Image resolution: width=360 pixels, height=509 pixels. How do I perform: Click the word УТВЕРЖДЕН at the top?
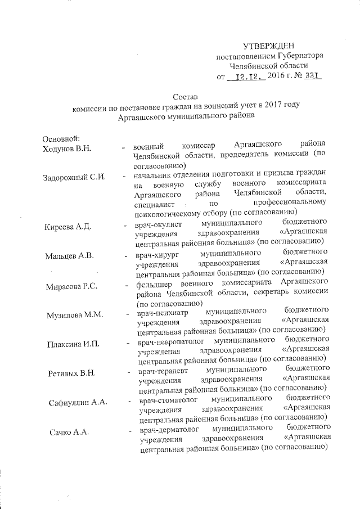pos(268,46)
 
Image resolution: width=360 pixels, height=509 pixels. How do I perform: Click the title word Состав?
pos(186,97)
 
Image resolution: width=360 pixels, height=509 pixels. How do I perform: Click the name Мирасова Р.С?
pos(72,287)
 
